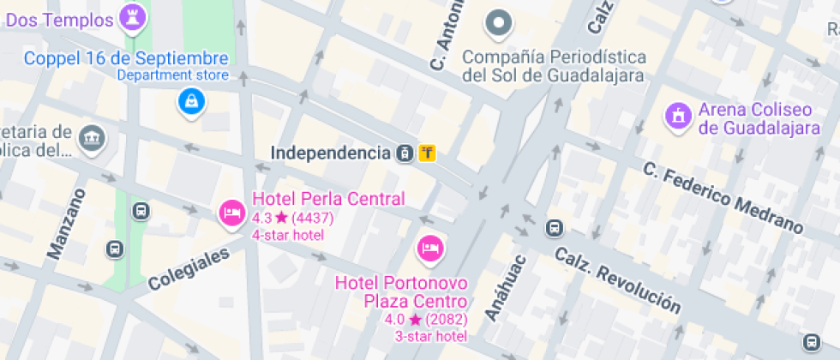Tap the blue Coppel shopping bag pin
click(x=189, y=102)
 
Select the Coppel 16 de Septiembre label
click(x=126, y=58)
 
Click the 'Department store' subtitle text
click(x=172, y=75)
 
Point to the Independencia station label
click(x=330, y=153)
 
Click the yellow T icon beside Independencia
click(x=428, y=153)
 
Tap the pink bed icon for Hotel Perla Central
click(x=231, y=212)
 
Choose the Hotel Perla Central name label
click(x=328, y=199)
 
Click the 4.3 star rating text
click(x=292, y=218)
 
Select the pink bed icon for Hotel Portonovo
click(x=429, y=249)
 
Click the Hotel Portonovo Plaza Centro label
click(x=402, y=291)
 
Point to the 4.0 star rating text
click(x=425, y=320)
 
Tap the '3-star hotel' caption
click(x=430, y=336)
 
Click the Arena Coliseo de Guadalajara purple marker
click(x=678, y=117)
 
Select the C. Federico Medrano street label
click(x=723, y=197)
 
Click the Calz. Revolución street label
click(x=618, y=279)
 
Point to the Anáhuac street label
click(x=504, y=288)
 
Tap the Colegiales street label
click(x=189, y=267)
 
